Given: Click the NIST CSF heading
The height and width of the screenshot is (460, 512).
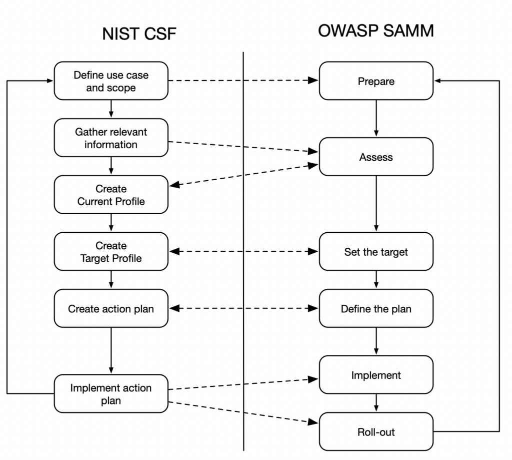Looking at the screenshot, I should (x=139, y=34).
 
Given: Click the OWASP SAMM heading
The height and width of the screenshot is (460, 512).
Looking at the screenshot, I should (x=375, y=31).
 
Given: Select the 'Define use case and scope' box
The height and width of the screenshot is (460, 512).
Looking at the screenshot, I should (x=111, y=81).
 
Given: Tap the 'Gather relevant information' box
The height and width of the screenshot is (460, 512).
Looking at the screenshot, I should (x=111, y=138).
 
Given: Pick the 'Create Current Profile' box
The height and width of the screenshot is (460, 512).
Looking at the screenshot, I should (x=111, y=195).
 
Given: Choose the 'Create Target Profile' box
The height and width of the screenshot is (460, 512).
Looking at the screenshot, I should (x=111, y=252).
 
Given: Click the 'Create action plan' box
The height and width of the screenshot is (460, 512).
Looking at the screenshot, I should (x=111, y=309).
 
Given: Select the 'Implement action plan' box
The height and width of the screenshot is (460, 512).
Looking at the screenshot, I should (x=111, y=394).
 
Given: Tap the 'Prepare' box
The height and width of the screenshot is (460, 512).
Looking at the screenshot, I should (x=376, y=81).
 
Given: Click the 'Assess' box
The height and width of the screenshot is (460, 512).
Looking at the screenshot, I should (x=376, y=157).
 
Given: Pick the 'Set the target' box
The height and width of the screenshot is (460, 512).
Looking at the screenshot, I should (x=376, y=252).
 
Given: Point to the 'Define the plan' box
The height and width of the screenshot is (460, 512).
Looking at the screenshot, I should (x=376, y=309).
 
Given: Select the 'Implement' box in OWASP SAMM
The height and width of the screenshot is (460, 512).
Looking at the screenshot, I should (x=376, y=375).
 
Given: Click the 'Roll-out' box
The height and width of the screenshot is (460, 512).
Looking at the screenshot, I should (x=376, y=431).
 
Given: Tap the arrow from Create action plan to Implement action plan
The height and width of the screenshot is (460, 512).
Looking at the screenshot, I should (x=111, y=350).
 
